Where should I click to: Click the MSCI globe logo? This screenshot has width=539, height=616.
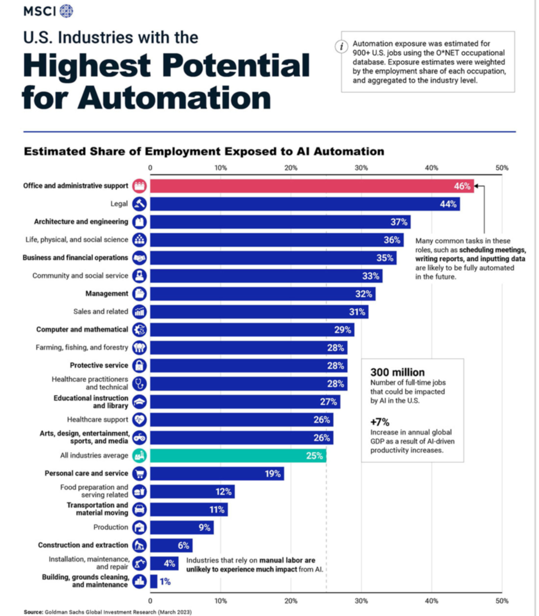coord(66,11)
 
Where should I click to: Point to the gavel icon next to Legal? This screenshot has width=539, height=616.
coord(139,204)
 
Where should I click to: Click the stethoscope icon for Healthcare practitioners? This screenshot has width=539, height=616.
coord(139,384)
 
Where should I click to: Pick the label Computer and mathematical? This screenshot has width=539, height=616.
coord(82,329)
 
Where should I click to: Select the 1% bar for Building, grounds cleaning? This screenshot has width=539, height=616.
coord(153,581)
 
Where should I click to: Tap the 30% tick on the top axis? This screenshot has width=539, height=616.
coord(361,168)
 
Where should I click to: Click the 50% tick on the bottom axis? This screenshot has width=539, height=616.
coord(502,601)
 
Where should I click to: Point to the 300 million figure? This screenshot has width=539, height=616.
coord(397,372)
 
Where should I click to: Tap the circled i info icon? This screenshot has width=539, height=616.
coord(342,47)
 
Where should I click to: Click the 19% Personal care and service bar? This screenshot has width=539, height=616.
coord(216,473)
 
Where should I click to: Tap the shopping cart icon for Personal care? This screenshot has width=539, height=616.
coord(139,473)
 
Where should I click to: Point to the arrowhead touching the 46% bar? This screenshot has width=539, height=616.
coord(476,186)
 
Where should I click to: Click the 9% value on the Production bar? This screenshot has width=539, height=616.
coord(204,527)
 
